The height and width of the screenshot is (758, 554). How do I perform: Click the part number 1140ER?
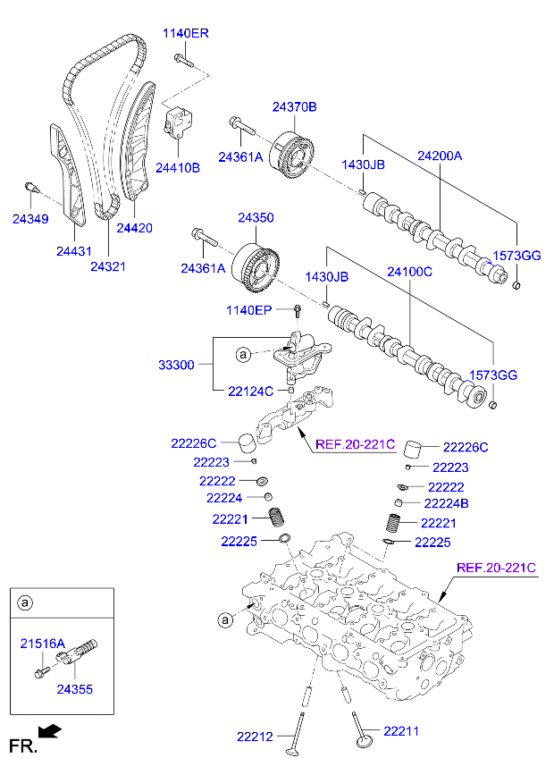185,33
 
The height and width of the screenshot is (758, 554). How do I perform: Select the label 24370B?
295,106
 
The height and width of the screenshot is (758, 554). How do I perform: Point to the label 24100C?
409,271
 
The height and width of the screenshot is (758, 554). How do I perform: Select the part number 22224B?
446,504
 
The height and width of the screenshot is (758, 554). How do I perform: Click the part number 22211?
401,731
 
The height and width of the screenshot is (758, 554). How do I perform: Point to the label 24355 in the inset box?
74,689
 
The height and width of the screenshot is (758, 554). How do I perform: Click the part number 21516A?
42,643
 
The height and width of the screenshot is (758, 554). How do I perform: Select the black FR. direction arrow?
52,732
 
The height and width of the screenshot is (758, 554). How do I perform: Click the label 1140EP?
248,310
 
